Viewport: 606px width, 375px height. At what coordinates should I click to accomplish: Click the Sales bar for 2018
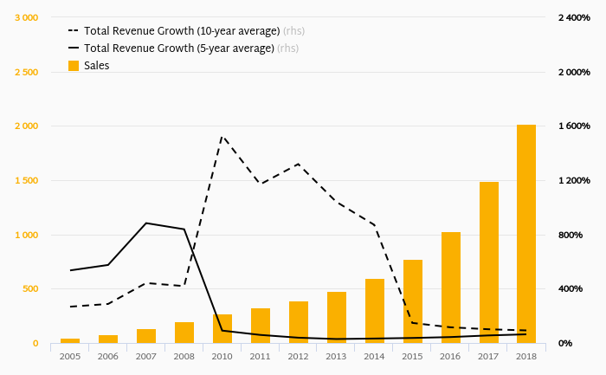pos(526,234)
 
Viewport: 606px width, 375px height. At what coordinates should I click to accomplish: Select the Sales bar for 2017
pos(488,262)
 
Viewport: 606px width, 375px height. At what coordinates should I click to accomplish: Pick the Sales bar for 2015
pos(412,301)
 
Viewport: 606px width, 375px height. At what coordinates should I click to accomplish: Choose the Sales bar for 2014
pos(374,311)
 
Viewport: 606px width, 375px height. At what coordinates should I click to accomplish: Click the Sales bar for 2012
pos(299,322)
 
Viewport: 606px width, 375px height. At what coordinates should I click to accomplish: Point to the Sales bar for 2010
pos(222,329)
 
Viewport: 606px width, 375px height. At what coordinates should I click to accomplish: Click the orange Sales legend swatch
pos(74,66)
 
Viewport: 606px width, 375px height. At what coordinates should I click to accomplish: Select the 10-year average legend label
pos(181,31)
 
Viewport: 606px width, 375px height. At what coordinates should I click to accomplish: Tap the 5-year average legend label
pos(178,48)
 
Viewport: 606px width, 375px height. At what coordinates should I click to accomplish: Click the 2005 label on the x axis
pos(70,356)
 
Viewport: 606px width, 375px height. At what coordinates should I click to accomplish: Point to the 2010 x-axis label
pos(222,356)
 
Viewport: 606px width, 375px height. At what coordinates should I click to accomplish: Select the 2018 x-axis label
pos(526,356)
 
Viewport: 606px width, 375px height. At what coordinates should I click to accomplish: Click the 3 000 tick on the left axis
pos(26,18)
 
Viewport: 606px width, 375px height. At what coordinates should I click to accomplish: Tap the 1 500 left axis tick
pos(26,181)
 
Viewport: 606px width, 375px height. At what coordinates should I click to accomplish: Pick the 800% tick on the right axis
pos(572,235)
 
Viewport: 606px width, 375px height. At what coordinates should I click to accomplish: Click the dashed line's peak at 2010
pos(222,135)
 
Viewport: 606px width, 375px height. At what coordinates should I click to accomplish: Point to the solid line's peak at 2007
pos(146,223)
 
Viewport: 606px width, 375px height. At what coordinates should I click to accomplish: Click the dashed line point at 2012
pos(299,164)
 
